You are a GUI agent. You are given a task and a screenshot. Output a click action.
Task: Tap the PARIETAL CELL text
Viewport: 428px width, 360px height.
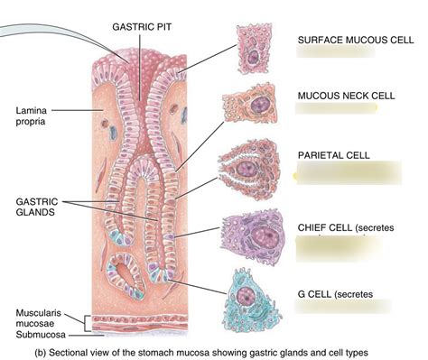(x=333, y=156)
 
